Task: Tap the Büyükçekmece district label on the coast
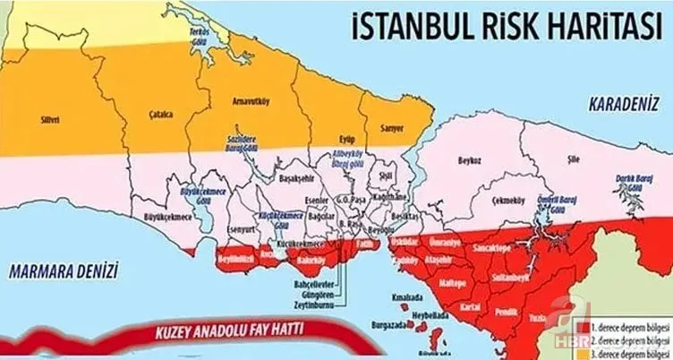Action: [x=169, y=218]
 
